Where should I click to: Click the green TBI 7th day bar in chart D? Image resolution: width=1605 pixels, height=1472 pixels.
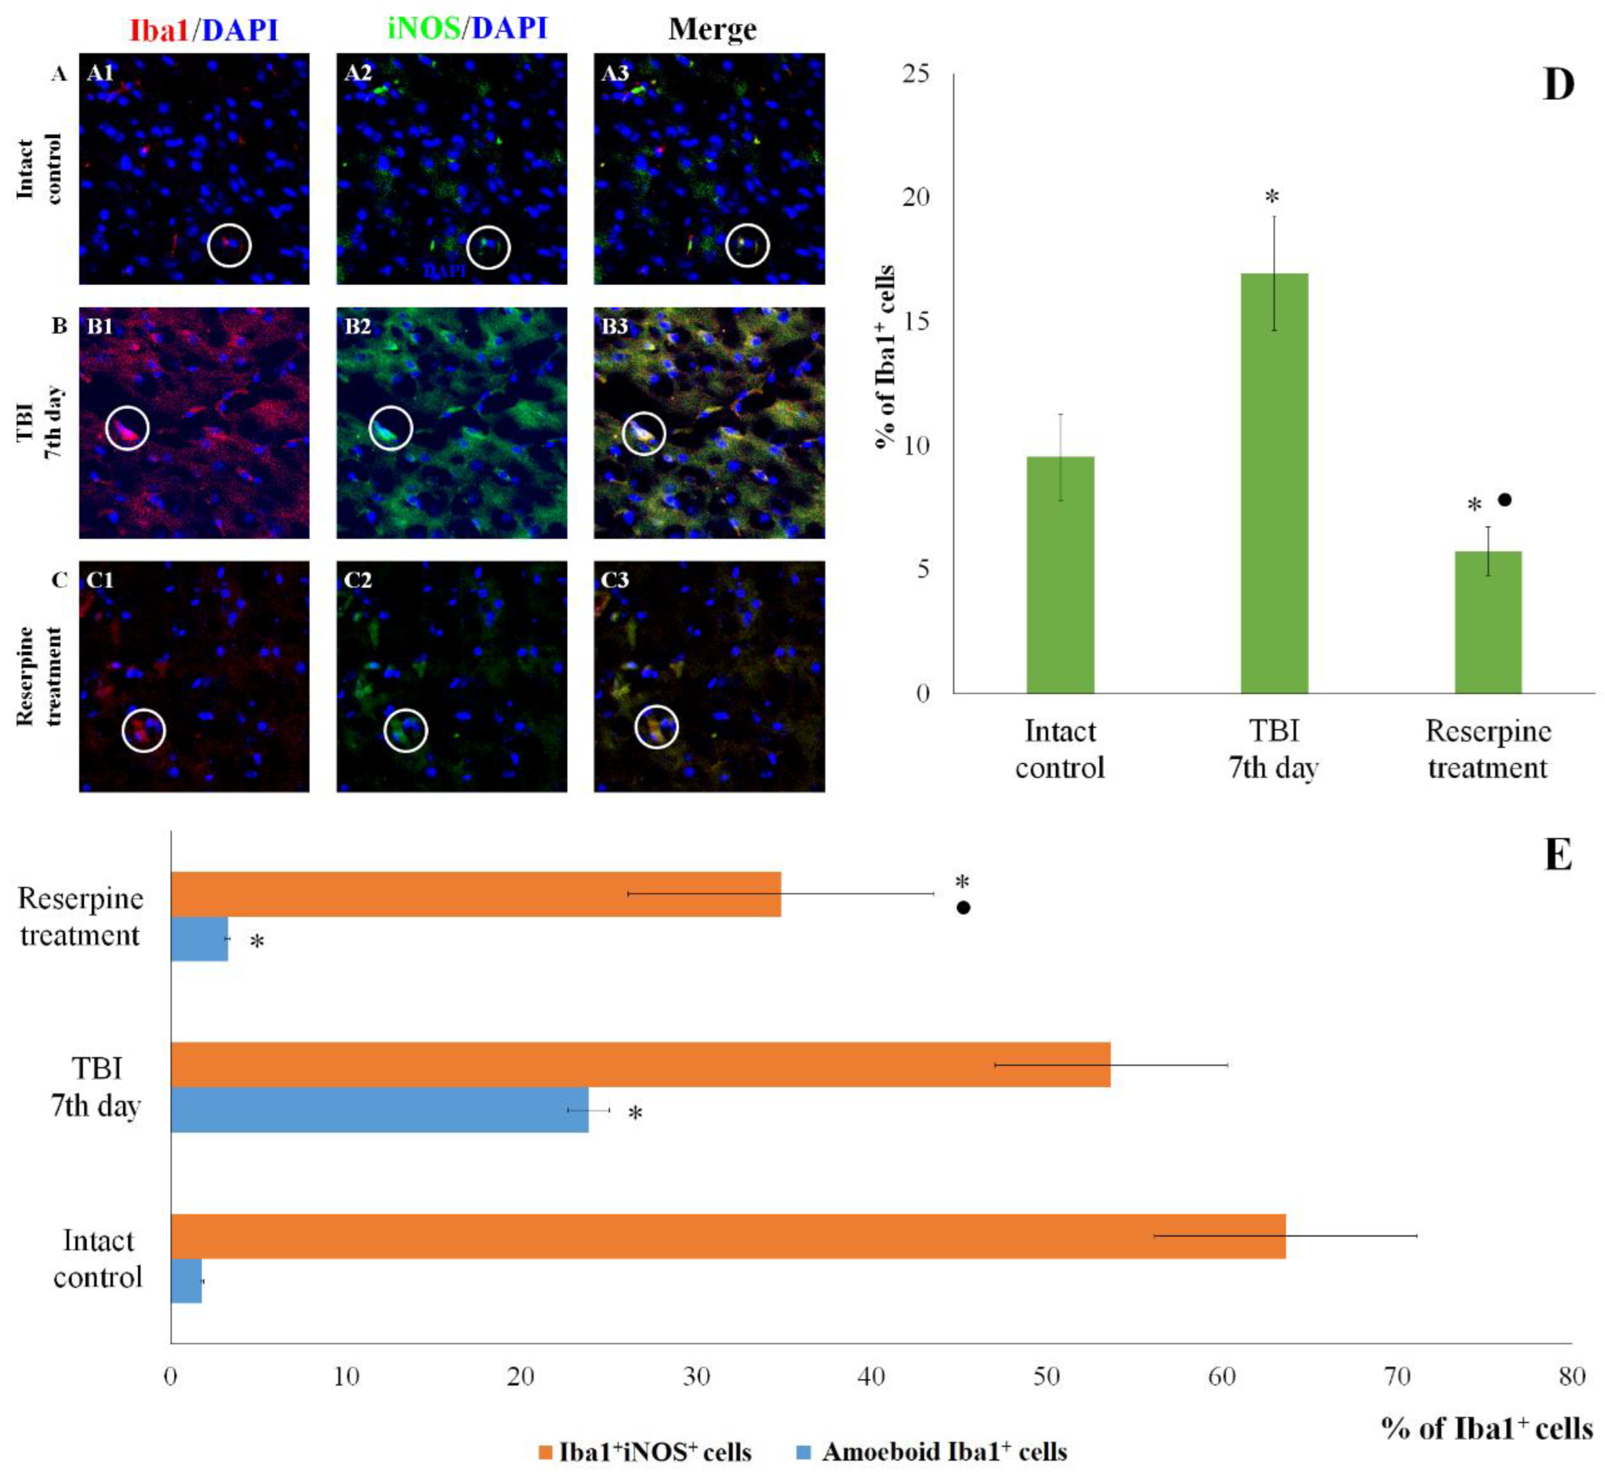tap(1273, 483)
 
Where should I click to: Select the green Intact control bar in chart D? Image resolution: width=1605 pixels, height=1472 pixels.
tap(1059, 574)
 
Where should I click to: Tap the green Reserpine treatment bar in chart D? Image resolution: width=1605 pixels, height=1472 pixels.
tap(1488, 622)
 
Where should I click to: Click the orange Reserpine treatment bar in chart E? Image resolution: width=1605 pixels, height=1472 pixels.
tap(475, 894)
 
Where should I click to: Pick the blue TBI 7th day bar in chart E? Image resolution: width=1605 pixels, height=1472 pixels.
tap(379, 1110)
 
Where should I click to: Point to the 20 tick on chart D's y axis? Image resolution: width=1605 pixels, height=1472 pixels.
tap(916, 197)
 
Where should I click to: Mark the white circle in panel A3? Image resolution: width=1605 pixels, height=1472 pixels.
tap(747, 246)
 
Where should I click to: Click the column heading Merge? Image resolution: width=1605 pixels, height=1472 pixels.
tap(712, 30)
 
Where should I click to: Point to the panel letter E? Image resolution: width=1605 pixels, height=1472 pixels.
tap(1558, 855)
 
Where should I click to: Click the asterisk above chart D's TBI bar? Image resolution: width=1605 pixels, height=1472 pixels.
tap(1272, 198)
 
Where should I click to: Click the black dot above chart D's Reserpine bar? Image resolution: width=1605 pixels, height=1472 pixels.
tap(1504, 500)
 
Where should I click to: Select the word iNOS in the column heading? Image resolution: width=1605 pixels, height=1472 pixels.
tap(424, 28)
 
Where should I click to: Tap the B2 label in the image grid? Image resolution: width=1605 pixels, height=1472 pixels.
tap(358, 326)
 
